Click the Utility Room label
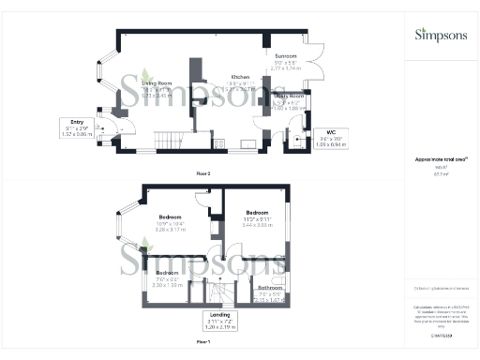[292, 97]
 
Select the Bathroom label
[270, 288]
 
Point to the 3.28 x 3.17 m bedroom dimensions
[172, 228]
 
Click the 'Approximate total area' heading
[442, 161]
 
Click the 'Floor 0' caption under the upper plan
[202, 173]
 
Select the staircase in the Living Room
[172, 141]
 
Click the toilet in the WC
[298, 142]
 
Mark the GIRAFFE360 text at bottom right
[441, 334]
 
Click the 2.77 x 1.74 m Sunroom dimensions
[286, 68]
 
